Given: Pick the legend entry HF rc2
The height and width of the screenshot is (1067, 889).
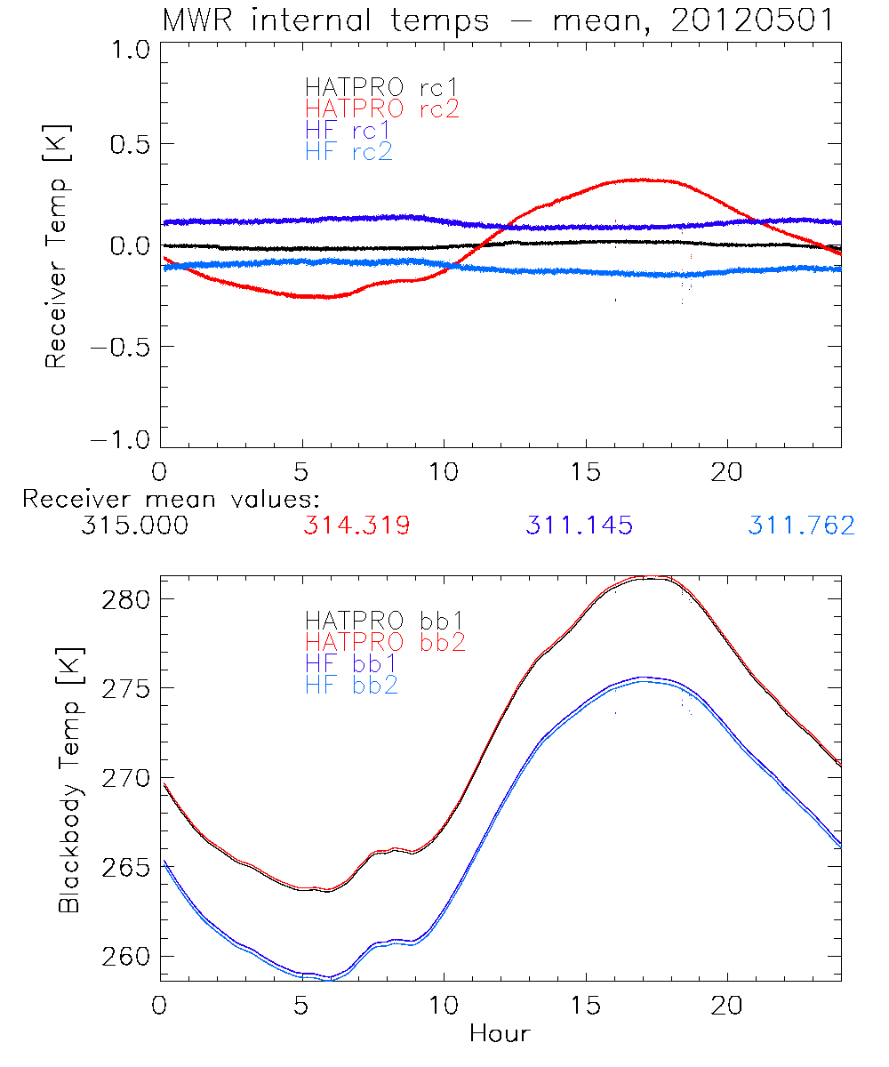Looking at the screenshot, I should (x=348, y=151).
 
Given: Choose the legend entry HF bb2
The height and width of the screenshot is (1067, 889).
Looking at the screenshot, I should (x=351, y=685).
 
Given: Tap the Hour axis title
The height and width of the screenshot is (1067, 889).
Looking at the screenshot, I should (x=500, y=1033).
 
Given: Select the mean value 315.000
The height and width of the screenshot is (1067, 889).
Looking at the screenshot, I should (x=134, y=526).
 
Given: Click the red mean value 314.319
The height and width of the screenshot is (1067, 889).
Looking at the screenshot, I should (x=356, y=526).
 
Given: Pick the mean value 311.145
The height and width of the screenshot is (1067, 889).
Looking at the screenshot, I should (x=579, y=526).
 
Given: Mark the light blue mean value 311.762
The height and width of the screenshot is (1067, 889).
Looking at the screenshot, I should (x=801, y=526).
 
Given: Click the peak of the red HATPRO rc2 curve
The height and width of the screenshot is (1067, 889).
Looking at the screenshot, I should (x=637, y=180).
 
